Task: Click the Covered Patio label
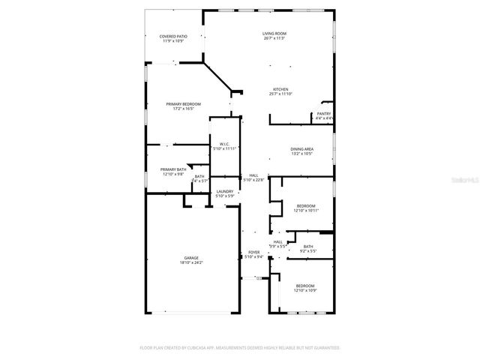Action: click(173, 36)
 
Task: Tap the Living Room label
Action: click(274, 34)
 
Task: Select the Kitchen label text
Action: click(280, 89)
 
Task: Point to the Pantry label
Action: click(324, 114)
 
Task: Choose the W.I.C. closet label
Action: click(224, 144)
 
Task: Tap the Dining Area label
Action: click(302, 149)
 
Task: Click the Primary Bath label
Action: click(173, 169)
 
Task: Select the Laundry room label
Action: click(225, 192)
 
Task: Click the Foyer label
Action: click(253, 253)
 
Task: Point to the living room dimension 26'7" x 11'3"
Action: click(274, 39)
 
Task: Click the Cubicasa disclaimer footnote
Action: click(240, 348)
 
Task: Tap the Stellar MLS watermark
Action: click(466, 181)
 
